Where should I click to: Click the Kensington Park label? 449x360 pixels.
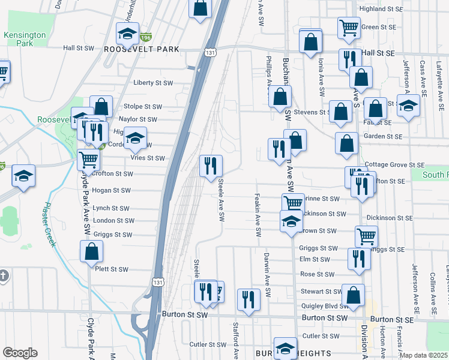point(25,39)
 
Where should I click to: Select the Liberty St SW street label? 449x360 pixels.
point(153,83)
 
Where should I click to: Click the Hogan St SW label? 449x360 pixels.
point(111,191)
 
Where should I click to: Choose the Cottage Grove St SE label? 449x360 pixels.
point(394,164)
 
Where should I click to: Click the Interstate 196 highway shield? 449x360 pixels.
point(145,37)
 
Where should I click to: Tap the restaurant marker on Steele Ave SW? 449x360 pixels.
point(211,166)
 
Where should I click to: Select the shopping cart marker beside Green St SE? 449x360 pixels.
point(349,27)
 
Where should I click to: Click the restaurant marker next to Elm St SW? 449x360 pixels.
point(358,258)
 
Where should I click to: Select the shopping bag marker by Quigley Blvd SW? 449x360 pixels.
point(354,295)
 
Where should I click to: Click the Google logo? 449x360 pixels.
point(20,353)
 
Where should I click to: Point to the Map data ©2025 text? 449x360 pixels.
point(424,355)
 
